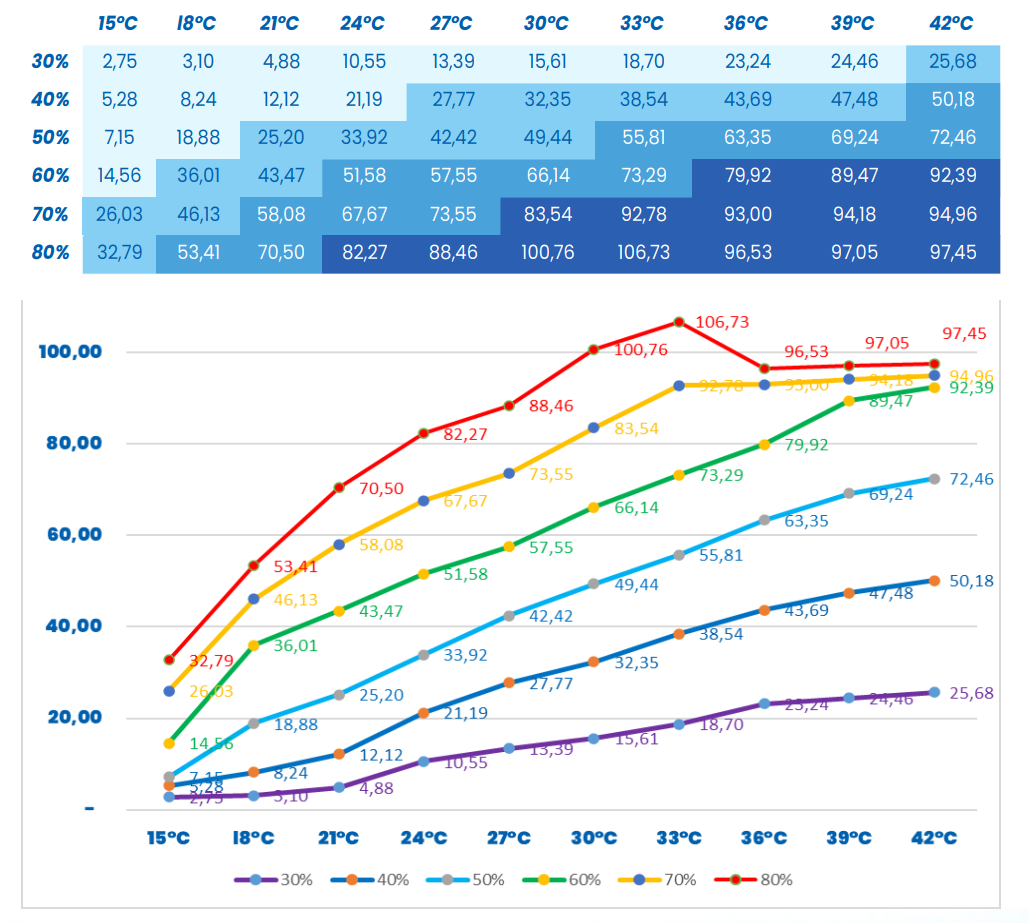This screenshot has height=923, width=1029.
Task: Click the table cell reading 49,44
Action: click(x=547, y=138)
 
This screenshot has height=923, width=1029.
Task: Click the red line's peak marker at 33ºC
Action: click(x=679, y=322)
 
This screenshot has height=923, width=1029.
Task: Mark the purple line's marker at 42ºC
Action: click(x=934, y=692)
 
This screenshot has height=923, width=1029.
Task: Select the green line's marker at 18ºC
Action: click(x=253, y=645)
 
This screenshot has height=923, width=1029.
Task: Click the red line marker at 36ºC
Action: click(x=764, y=369)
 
